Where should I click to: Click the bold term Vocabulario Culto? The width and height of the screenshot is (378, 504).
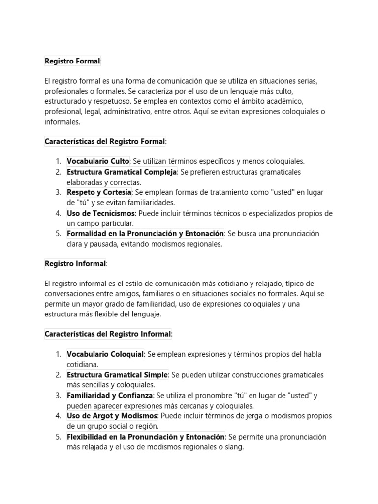pos(98,161)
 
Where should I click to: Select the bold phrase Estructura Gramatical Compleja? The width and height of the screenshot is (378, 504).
pos(122,172)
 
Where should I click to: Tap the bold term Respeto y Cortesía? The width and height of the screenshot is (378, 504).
pos(99,192)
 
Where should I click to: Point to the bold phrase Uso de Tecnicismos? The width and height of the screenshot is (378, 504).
pos(100,213)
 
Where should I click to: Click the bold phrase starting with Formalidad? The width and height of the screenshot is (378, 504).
pos(145,234)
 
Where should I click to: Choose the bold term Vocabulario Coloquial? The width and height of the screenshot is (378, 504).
pos(105,354)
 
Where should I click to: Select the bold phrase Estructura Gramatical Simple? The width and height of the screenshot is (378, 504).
pos(117,375)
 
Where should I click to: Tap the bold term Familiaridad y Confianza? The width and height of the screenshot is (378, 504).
pos(110,396)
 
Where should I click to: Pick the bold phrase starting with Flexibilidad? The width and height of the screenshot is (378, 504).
pos(146,437)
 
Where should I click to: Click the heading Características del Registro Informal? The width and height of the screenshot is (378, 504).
pos(108,334)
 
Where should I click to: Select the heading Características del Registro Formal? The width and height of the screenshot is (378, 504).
pos(105,141)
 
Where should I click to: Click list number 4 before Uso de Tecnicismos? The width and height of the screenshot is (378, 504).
pos(58,213)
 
